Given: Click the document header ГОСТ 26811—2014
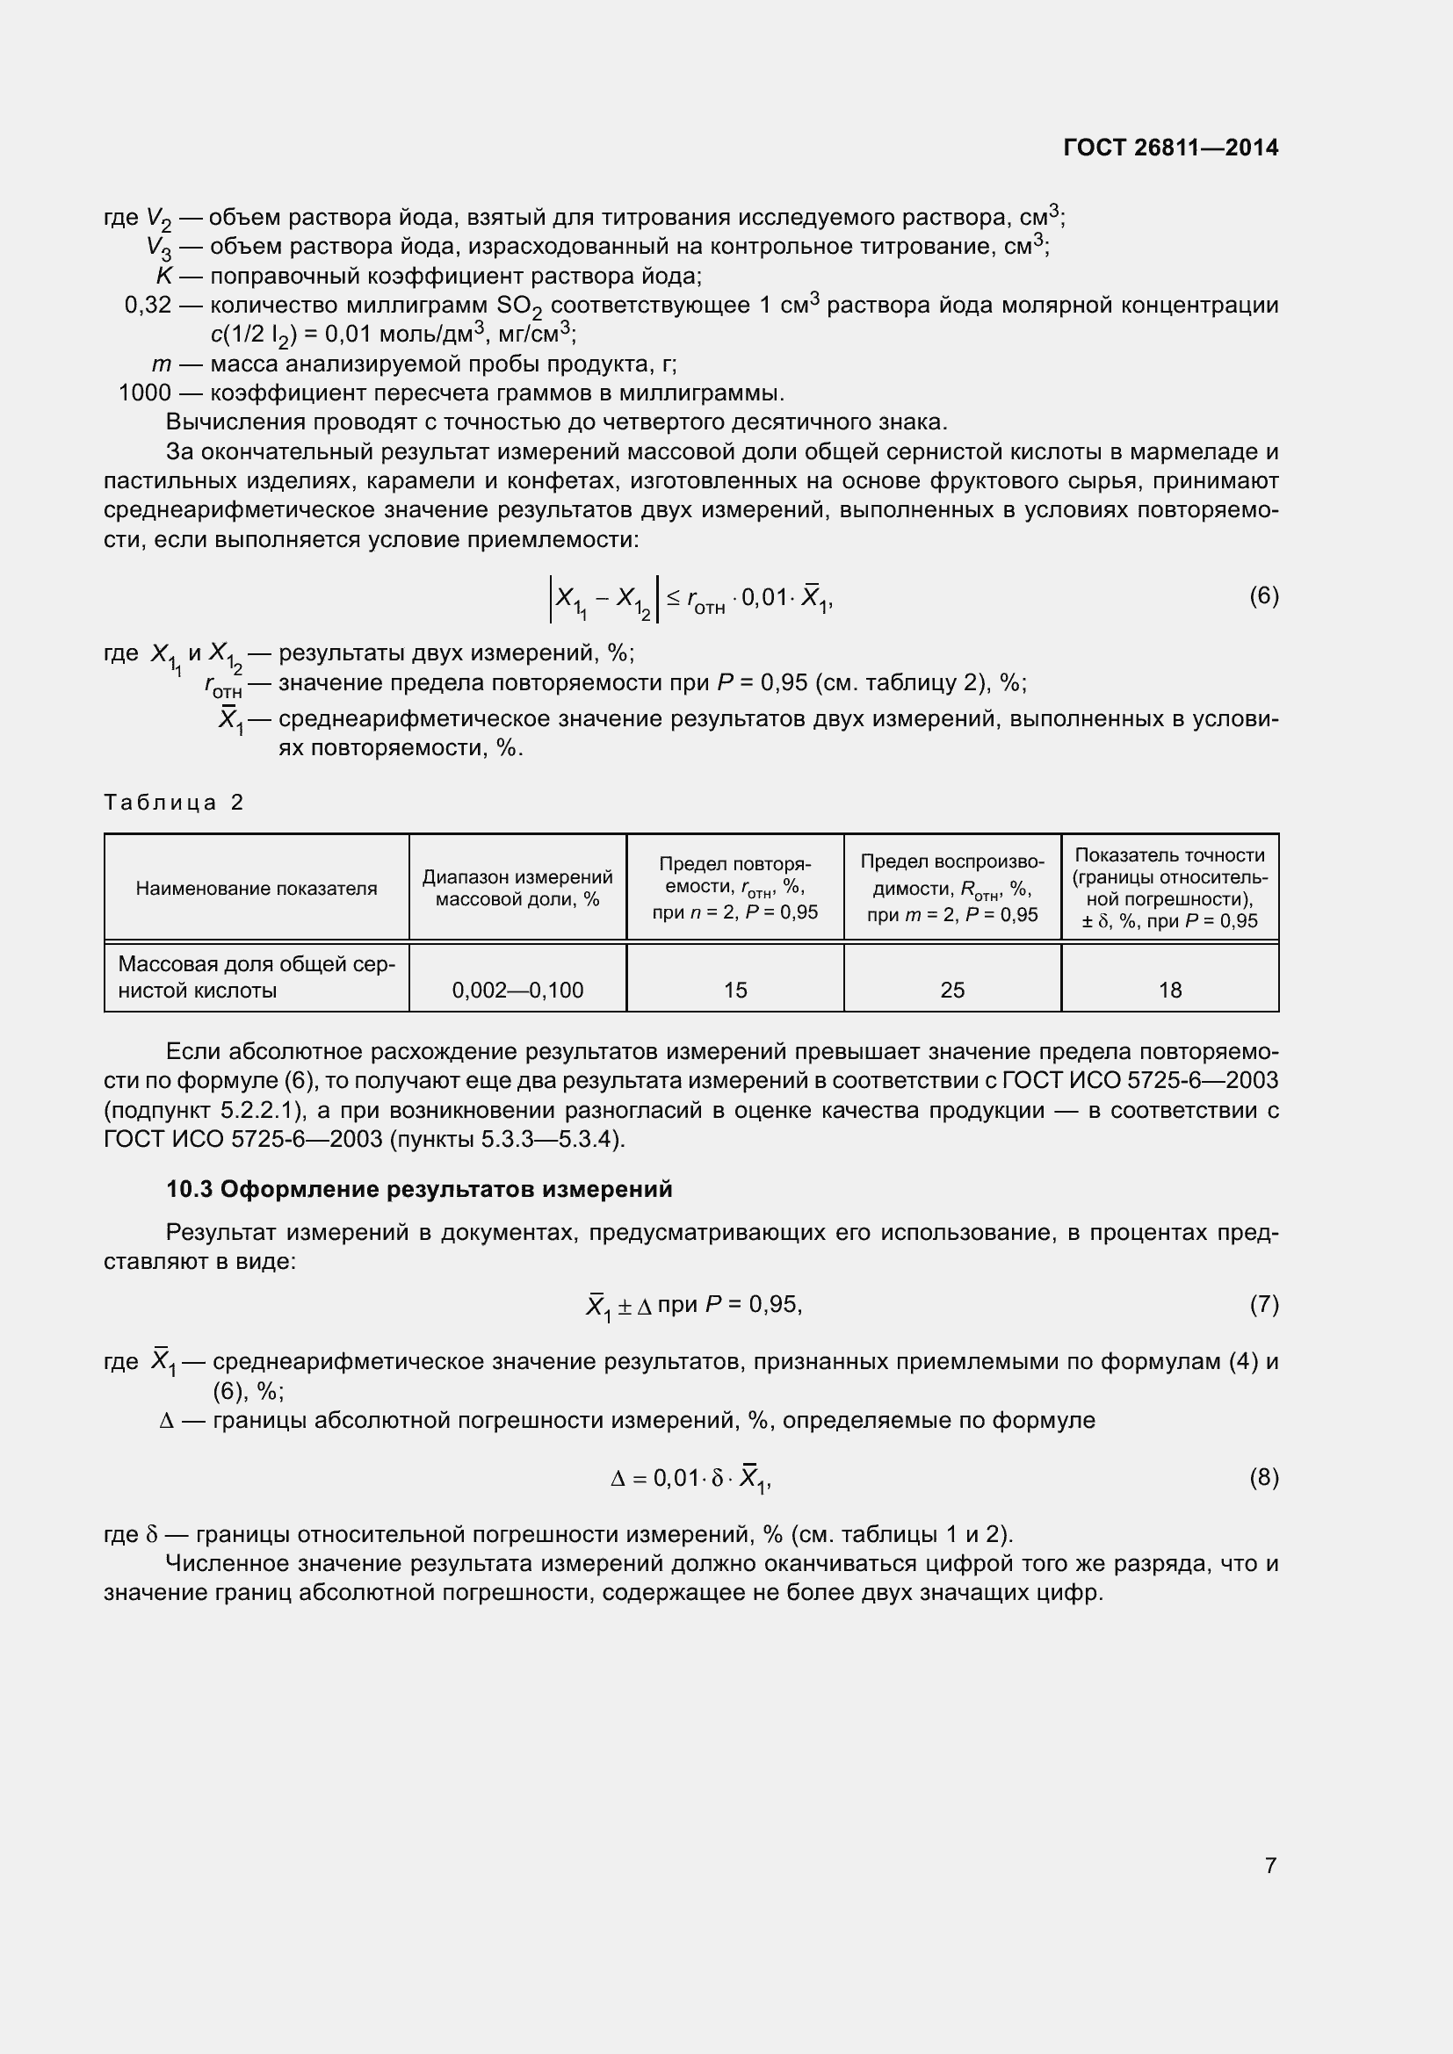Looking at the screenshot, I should click(x=1170, y=148).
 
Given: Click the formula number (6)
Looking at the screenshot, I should click(x=1263, y=595).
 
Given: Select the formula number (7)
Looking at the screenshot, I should click(x=1263, y=1304).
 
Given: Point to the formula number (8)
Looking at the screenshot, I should click(x=1263, y=1477).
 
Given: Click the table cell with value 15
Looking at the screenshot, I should click(x=734, y=990).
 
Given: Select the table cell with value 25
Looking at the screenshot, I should click(x=952, y=990).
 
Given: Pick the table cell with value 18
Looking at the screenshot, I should click(x=1169, y=990).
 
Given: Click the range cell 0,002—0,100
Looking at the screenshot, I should click(x=517, y=990).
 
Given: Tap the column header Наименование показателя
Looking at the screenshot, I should click(x=256, y=889).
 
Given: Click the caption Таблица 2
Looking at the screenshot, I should click(x=174, y=802).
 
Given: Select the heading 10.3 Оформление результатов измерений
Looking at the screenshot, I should click(x=419, y=1189).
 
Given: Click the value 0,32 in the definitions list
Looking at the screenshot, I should click(x=148, y=305).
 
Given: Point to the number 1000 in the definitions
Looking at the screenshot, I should click(x=144, y=393).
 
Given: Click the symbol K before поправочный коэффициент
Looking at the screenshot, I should click(x=163, y=276).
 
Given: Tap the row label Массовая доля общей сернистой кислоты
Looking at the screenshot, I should click(x=256, y=977).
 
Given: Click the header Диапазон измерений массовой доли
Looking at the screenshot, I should click(x=517, y=888).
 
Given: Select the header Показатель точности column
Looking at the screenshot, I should click(x=1169, y=888).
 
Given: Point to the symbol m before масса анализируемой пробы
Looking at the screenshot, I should click(x=161, y=364).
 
